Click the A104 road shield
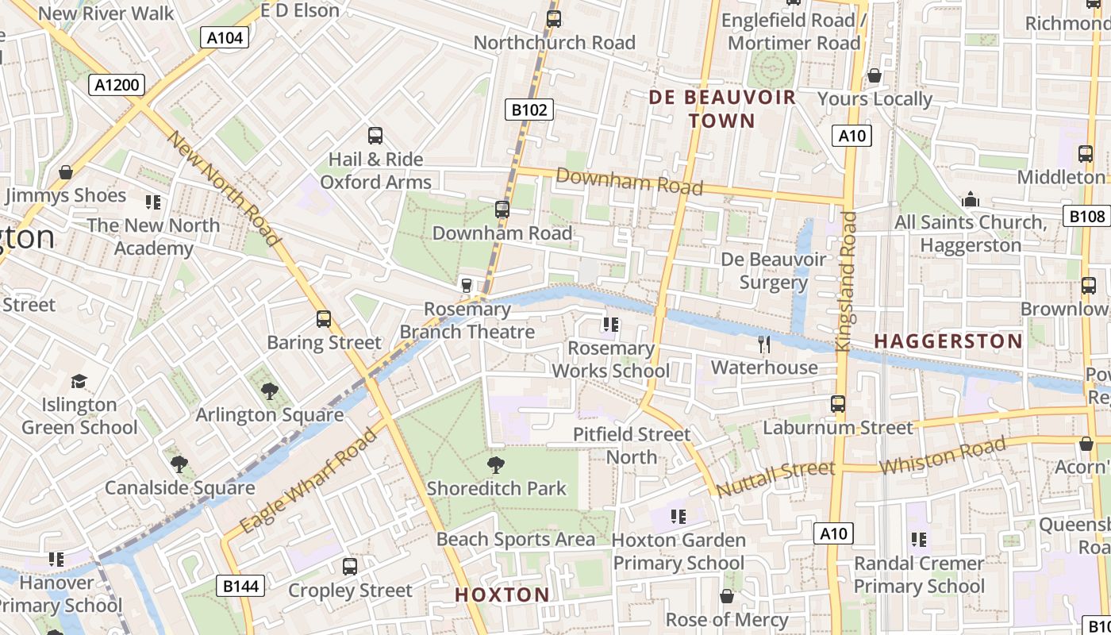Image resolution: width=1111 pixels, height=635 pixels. pyautogui.click(x=226, y=37)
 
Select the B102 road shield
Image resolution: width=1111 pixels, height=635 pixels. pyautogui.click(x=529, y=110)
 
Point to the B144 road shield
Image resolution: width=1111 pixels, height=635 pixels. pyautogui.click(x=240, y=587)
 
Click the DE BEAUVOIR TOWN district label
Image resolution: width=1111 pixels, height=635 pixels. pyautogui.click(x=722, y=109)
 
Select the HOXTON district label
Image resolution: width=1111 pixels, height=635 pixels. pyautogui.click(x=502, y=595)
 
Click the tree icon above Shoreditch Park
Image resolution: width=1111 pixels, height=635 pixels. pyautogui.click(x=497, y=464)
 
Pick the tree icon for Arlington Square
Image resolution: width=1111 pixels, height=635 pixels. pyautogui.click(x=270, y=391)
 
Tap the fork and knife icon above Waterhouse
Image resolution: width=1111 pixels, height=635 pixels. pyautogui.click(x=764, y=344)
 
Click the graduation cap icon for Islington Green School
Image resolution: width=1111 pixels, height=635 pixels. pyautogui.click(x=79, y=382)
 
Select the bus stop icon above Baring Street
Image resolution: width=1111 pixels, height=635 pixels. pyautogui.click(x=323, y=319)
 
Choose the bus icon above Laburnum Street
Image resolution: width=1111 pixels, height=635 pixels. pyautogui.click(x=837, y=404)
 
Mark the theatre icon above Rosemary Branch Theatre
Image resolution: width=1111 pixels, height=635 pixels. pyautogui.click(x=467, y=285)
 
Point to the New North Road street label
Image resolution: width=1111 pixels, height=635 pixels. pyautogui.click(x=225, y=189)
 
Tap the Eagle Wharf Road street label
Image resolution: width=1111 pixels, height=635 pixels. pyautogui.click(x=309, y=482)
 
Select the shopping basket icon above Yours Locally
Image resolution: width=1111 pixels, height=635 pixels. pyautogui.click(x=874, y=75)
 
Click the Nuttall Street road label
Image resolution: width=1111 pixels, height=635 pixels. pyautogui.click(x=775, y=478)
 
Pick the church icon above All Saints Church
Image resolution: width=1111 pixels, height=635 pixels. pyautogui.click(x=970, y=198)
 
